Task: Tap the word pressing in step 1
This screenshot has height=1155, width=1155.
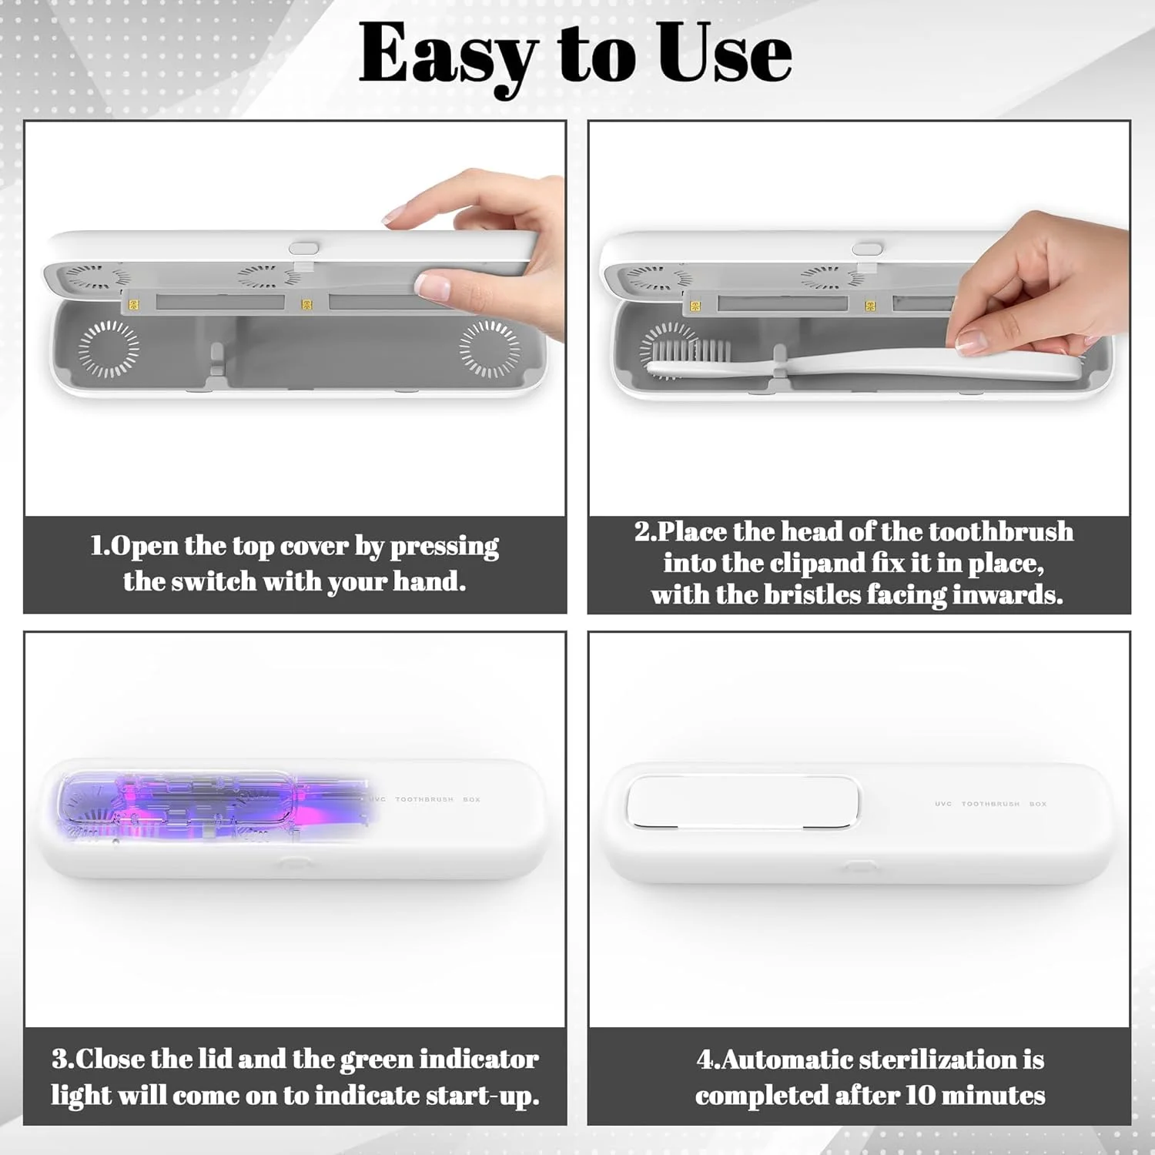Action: pyautogui.click(x=444, y=547)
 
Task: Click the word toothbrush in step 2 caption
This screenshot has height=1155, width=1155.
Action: pyautogui.click(x=1001, y=531)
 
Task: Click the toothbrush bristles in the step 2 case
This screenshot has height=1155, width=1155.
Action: pyautogui.click(x=690, y=351)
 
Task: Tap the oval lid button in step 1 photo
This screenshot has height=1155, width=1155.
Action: pyautogui.click(x=303, y=249)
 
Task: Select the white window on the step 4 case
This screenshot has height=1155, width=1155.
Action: pyautogui.click(x=743, y=802)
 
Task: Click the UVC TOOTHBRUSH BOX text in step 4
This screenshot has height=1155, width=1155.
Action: pyautogui.click(x=991, y=804)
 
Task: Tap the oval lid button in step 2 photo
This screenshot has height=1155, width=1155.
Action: pyautogui.click(x=867, y=249)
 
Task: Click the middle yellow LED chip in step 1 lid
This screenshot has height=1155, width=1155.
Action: pyautogui.click(x=306, y=305)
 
